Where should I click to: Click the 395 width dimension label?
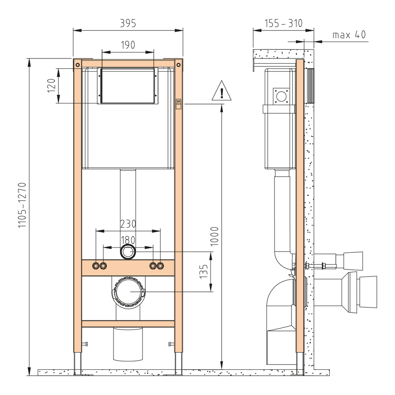click(x=128, y=23)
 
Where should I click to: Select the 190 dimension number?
click(x=128, y=45)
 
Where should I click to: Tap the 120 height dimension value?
click(x=51, y=86)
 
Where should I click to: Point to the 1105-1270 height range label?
click(x=22, y=205)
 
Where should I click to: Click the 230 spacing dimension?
click(x=128, y=224)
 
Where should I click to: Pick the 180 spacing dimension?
click(x=128, y=240)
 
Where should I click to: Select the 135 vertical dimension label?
click(x=203, y=271)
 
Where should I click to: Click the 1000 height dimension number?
click(x=214, y=236)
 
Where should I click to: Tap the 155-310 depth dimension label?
click(x=283, y=23)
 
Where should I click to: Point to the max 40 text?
click(x=349, y=35)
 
